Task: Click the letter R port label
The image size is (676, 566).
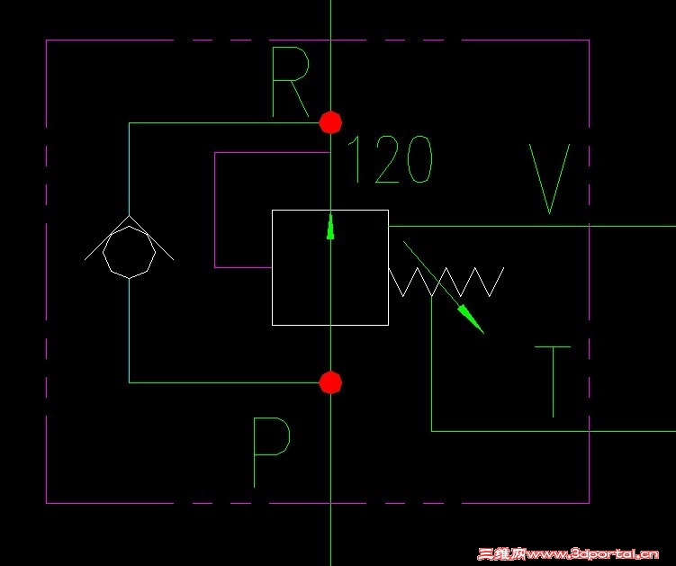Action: coord(290,82)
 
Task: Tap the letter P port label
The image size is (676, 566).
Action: coord(272,453)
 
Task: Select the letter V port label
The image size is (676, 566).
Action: coord(550,178)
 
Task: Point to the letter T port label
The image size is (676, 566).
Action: coord(553,382)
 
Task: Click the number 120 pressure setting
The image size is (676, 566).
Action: coord(390,159)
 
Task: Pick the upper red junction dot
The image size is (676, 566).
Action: coord(330,122)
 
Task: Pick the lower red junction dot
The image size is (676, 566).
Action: coord(330,382)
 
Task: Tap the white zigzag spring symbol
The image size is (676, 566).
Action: coord(446,282)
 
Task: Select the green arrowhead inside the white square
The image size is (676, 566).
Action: coord(330,227)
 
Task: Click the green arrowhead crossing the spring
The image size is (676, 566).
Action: coord(471,319)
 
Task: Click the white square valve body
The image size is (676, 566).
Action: coord(272,267)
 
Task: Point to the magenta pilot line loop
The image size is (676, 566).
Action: coord(215,210)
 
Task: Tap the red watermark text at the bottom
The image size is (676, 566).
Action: coord(568,553)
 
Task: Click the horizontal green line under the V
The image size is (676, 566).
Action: coord(532,226)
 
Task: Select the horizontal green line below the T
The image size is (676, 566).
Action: coord(554,431)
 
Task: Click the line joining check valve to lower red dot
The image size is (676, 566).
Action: coord(129,331)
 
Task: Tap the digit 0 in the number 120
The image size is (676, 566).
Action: coord(419,159)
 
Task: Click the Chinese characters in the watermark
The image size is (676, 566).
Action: coord(502,553)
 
